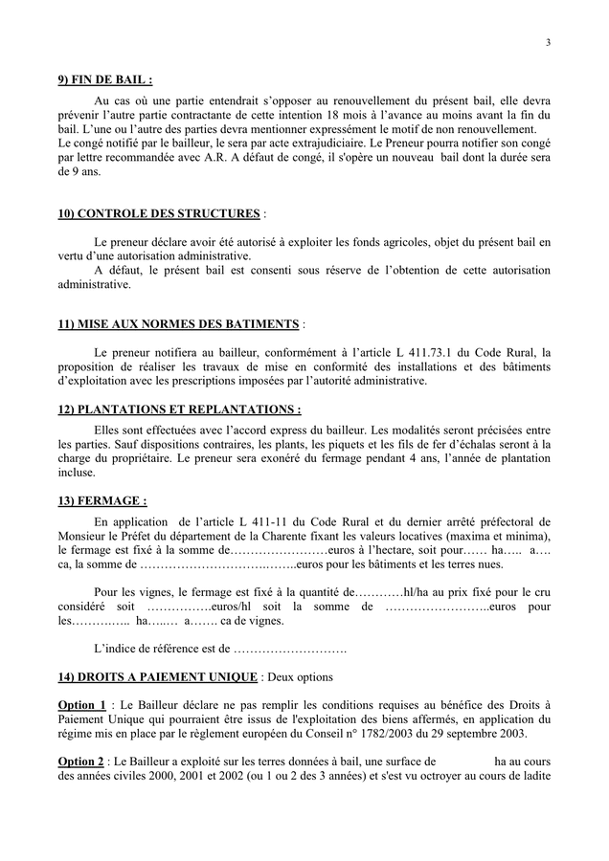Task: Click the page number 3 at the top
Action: click(549, 42)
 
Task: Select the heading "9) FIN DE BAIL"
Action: click(105, 79)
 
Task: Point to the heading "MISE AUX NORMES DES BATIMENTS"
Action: click(179, 325)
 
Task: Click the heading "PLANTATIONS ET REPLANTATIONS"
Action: click(179, 409)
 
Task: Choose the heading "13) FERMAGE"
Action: click(102, 500)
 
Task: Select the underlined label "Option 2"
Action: click(81, 762)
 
